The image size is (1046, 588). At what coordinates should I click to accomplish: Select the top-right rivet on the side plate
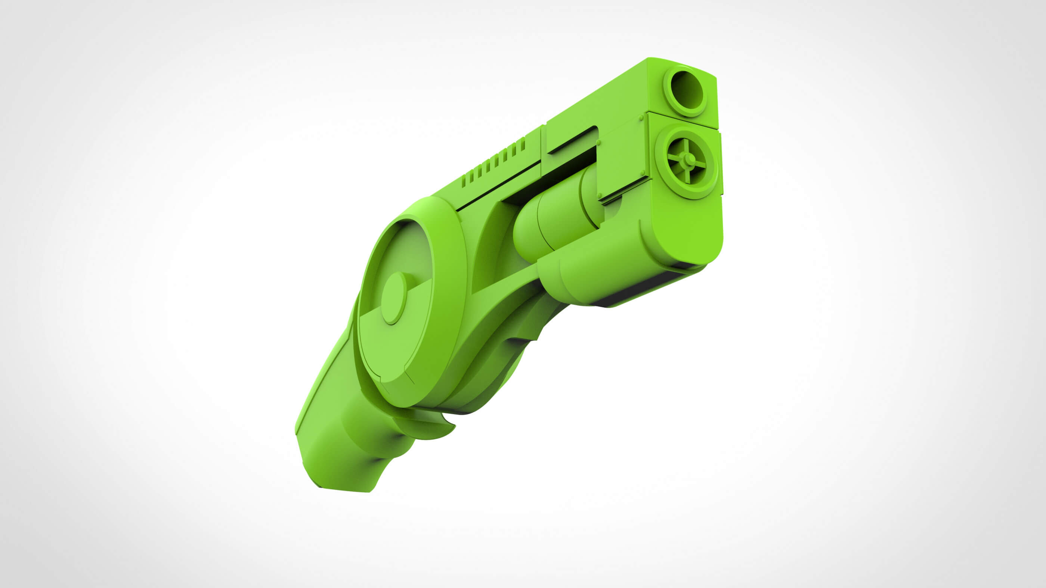point(641,118)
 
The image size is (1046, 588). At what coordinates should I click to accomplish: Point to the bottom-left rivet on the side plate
point(599,197)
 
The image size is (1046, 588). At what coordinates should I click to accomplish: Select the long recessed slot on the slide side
point(573,140)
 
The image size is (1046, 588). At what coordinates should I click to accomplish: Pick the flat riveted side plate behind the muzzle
point(621,158)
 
